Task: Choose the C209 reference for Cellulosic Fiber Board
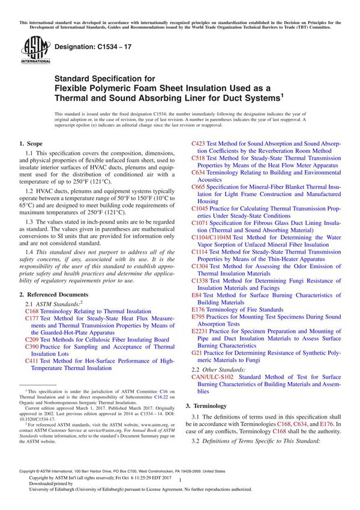click(x=32, y=339)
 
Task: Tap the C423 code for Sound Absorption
click(x=199, y=145)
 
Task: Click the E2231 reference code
click(x=200, y=331)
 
